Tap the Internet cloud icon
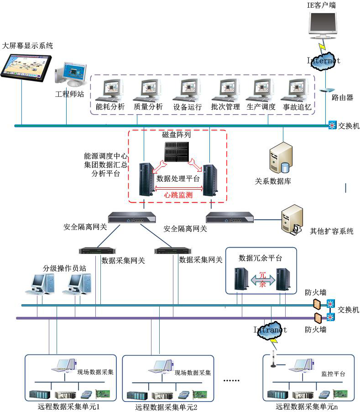click(323, 61)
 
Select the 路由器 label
click(342, 98)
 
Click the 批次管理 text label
click(225, 107)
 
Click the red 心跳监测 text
click(178, 195)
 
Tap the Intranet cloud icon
click(271, 330)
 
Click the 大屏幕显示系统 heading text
click(28, 46)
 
